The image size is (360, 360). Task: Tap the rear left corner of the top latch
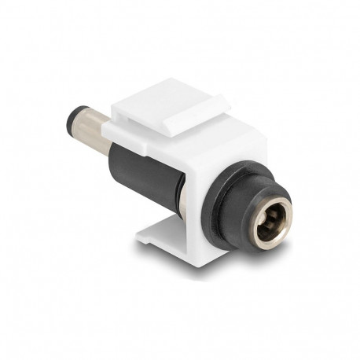115,106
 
